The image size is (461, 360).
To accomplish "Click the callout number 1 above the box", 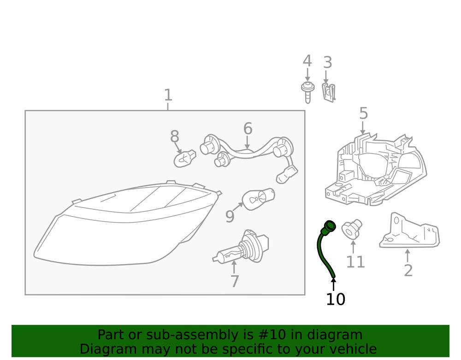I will click(168, 95).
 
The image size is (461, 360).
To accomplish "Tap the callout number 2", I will click(408, 271).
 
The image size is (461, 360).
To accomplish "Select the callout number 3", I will click(327, 62).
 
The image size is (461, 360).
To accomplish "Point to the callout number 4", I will click(307, 61).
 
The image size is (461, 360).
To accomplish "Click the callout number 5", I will click(363, 113).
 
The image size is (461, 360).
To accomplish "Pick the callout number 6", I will click(248, 129).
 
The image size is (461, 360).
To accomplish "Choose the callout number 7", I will click(234, 281).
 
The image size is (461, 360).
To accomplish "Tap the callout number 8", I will click(174, 137).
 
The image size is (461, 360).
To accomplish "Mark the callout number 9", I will click(230, 216).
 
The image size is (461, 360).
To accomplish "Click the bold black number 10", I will click(335, 299).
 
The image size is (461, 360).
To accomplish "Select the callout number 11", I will click(355, 262).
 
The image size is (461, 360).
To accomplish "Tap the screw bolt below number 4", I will click(307, 92).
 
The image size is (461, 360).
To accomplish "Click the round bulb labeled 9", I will click(258, 200).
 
